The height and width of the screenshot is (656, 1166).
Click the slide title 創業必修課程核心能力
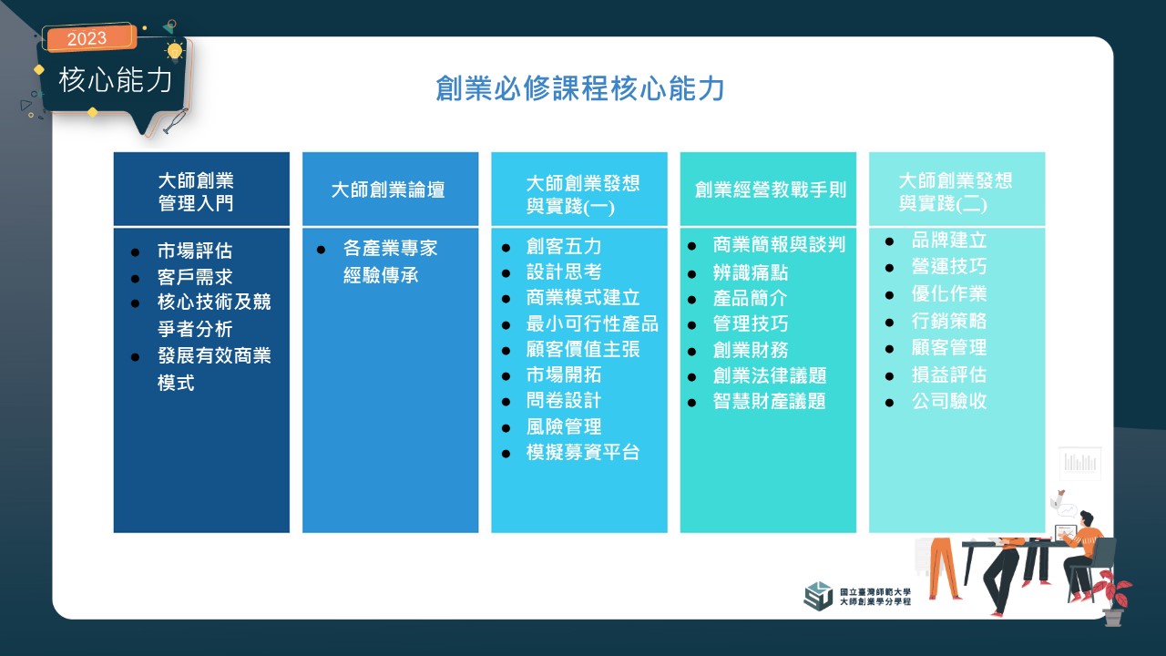(580, 88)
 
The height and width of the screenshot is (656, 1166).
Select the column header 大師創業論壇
(388, 190)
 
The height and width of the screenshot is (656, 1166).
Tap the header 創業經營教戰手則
(771, 190)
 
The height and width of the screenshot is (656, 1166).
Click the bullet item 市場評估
(195, 251)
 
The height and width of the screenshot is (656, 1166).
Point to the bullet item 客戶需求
(195, 276)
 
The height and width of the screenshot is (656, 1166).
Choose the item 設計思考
(564, 272)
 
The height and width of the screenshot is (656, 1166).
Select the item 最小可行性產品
(592, 323)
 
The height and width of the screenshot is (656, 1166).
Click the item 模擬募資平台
(583, 452)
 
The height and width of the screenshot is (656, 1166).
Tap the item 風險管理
(564, 426)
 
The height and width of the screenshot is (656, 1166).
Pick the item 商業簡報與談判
(779, 244)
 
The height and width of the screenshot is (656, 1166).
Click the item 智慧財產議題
(770, 401)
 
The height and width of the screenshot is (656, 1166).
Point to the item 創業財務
(751, 349)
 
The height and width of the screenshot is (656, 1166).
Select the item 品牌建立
(949, 240)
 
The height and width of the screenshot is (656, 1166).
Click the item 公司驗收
(949, 401)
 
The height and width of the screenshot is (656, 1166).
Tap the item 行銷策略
(949, 321)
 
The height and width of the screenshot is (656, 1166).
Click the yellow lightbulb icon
(174, 51)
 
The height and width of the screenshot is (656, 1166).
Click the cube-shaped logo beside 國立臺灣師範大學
(818, 596)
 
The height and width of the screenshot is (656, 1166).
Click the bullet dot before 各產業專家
(322, 250)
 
